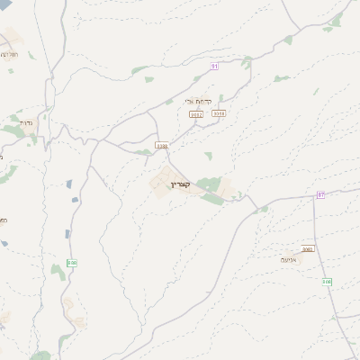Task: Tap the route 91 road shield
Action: [x=215, y=66]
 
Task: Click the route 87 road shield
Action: [x=320, y=195]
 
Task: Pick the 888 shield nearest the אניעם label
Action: [x=327, y=282]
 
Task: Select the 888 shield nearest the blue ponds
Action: [x=72, y=263]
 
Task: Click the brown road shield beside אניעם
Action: [x=308, y=249]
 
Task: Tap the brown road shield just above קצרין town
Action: [x=162, y=145]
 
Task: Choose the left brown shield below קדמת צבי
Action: [x=196, y=114]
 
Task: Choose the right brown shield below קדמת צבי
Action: [x=220, y=113]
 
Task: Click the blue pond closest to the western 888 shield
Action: [x=67, y=235]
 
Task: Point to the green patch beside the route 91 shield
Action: [x=247, y=61]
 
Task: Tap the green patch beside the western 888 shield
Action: [x=58, y=270]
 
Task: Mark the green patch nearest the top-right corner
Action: [x=337, y=20]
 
